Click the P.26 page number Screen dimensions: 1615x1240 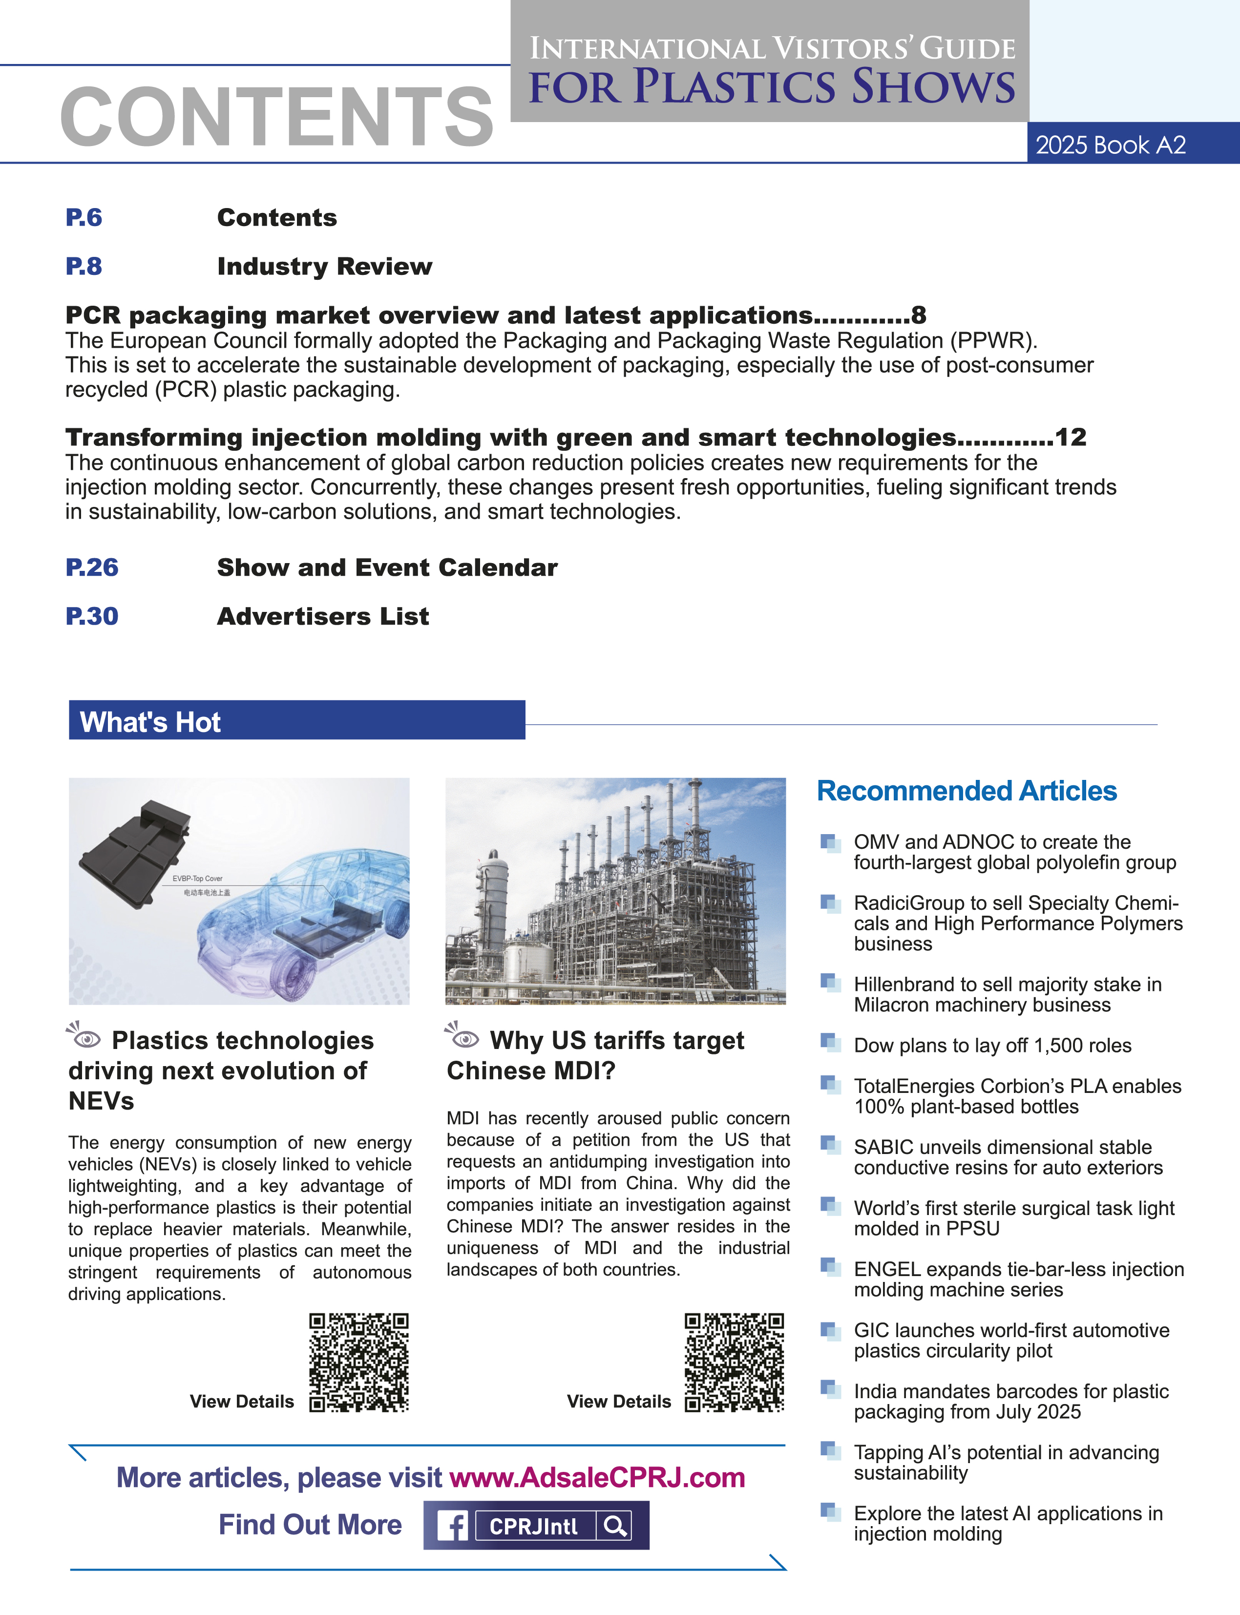point(91,567)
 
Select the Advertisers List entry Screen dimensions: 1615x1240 point(322,616)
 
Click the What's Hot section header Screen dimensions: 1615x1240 point(150,722)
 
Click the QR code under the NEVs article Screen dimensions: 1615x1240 point(358,1362)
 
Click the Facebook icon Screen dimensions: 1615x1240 point(452,1526)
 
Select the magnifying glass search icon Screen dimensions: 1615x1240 point(615,1526)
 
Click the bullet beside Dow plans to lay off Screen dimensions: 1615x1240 point(830,1042)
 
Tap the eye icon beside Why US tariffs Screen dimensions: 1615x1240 point(463,1037)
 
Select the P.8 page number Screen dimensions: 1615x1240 point(84,267)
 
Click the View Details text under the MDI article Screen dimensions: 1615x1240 point(618,1402)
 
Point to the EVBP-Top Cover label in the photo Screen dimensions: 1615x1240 point(197,879)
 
